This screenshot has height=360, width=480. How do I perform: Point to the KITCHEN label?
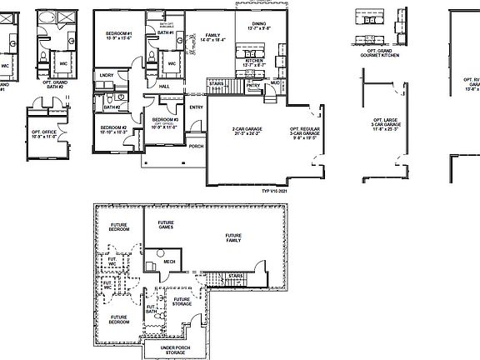tap(255, 62)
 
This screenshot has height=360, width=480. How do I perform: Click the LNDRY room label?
tap(106, 76)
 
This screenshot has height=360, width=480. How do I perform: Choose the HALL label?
tap(164, 86)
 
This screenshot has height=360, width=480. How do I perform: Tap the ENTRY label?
tap(197, 107)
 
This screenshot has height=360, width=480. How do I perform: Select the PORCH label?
tap(197, 146)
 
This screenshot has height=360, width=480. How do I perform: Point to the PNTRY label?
tap(253, 84)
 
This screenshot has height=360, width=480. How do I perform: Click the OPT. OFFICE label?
tap(43, 133)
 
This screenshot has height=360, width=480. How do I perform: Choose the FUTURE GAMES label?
tap(166, 225)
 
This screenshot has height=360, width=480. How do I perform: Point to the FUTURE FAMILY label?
tap(235, 238)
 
